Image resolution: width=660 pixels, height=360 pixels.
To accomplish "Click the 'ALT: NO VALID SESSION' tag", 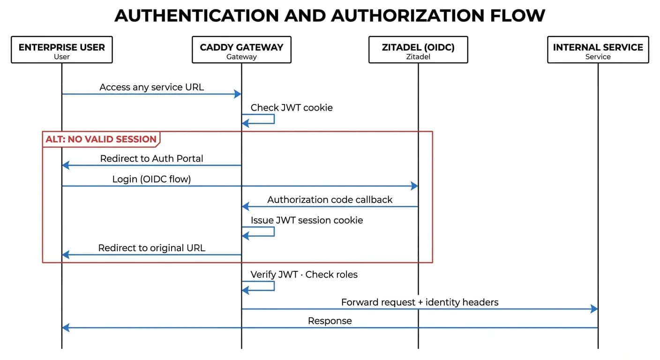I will (x=101, y=139).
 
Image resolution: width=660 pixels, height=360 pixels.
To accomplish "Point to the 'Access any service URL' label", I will (x=151, y=87).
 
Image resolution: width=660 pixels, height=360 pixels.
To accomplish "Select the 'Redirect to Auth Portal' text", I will (x=151, y=158).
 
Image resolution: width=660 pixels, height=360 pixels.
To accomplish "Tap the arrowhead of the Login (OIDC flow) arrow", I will (x=414, y=186).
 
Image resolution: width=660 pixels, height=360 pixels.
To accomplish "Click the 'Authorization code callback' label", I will (x=330, y=200).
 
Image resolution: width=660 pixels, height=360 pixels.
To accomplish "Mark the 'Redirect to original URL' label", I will (x=151, y=248).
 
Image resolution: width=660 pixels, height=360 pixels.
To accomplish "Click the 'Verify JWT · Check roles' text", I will (x=304, y=275).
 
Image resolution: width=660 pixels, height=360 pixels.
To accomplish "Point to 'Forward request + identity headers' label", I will (x=420, y=302).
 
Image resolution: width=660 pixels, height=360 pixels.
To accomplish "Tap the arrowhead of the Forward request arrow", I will (x=594, y=309).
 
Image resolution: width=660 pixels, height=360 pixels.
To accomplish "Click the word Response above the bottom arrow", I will (x=330, y=321).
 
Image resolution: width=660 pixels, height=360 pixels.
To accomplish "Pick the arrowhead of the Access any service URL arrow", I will (x=238, y=94).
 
